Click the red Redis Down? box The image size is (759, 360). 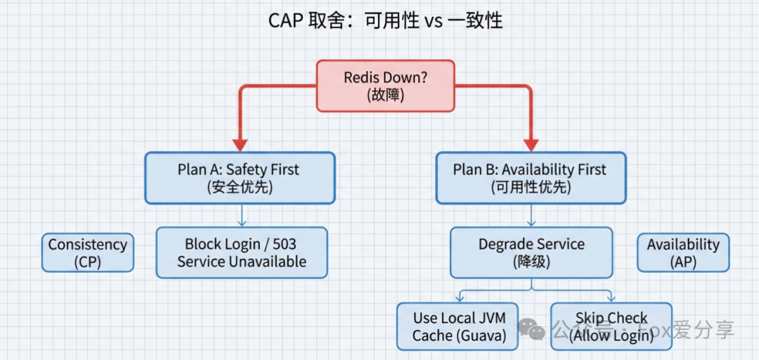tap(385, 86)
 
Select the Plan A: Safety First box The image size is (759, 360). tap(240, 179)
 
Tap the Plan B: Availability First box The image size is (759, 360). tap(531, 179)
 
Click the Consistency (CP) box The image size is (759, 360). tap(87, 252)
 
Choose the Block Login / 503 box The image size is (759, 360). tap(241, 252)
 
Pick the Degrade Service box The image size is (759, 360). tap(531, 252)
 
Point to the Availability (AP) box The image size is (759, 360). tap(682, 252)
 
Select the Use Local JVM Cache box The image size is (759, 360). tap(459, 326)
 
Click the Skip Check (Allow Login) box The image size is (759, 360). tap(611, 326)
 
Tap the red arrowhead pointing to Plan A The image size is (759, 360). tap(240, 144)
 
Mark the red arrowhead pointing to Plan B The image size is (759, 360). tap(531, 144)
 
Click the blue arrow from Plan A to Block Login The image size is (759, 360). tap(241, 216)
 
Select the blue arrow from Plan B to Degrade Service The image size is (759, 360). tap(531, 216)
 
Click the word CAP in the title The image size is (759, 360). tap(285, 20)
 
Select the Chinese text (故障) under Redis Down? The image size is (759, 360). tap(385, 95)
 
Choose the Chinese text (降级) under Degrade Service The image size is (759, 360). tap(531, 262)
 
